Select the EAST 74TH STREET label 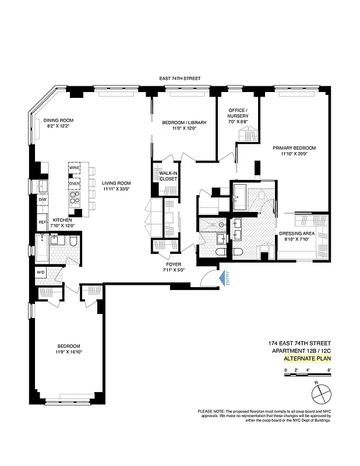click(181, 78)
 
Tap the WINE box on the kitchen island click(74, 168)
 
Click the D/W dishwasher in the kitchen click(43, 200)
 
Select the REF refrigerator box click(43, 222)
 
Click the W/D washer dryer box click(41, 271)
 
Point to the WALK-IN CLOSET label click(168, 175)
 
